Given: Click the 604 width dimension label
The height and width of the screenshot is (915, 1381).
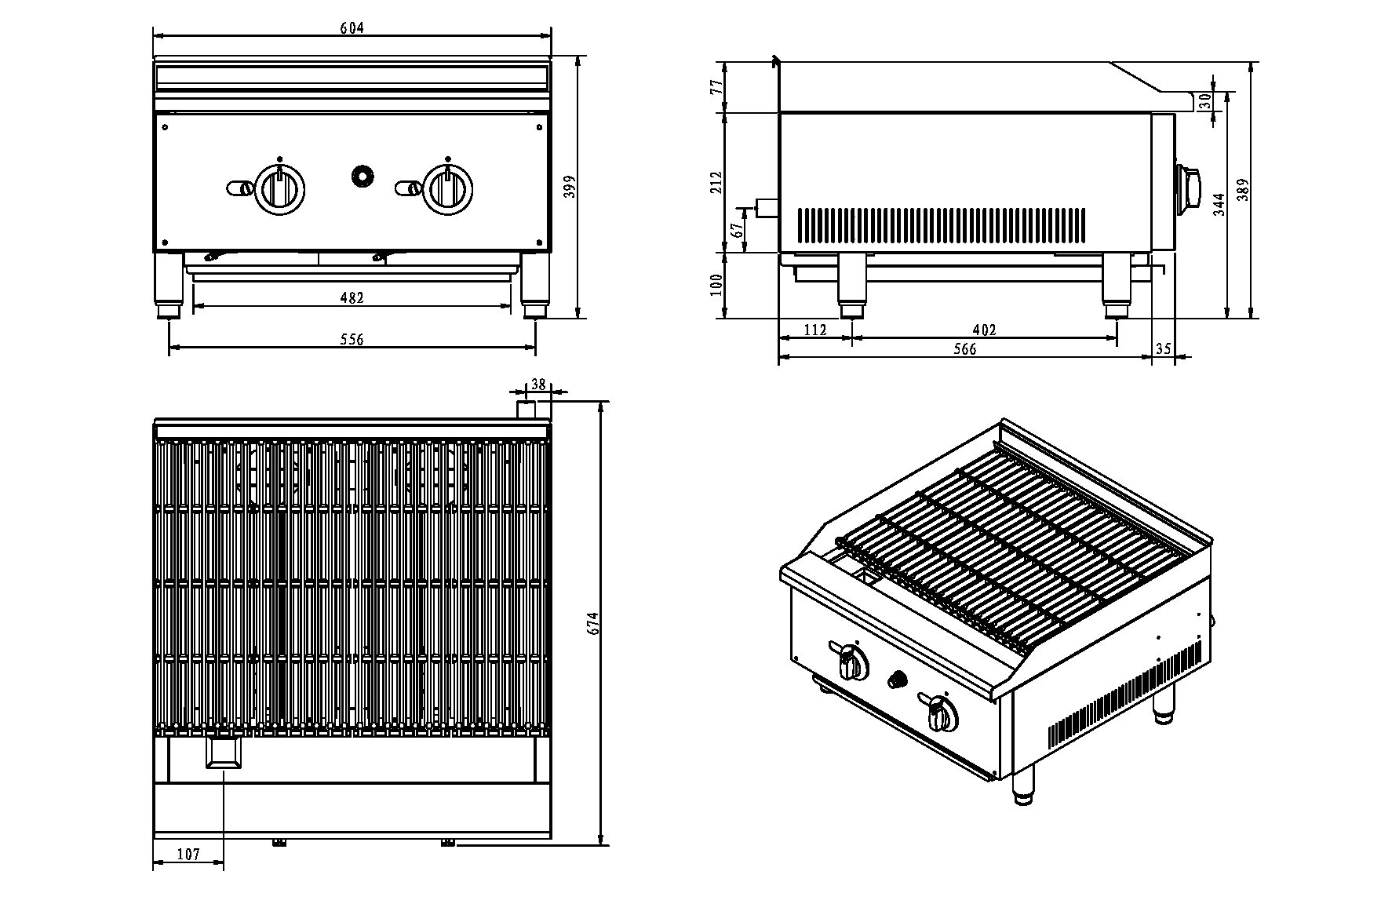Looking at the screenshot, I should click(x=352, y=28).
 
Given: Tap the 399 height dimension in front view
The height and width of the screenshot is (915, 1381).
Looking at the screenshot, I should click(x=570, y=186).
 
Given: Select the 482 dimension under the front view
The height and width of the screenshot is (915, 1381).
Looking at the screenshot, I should click(x=352, y=297).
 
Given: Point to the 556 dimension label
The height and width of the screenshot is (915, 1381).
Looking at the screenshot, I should click(x=352, y=339).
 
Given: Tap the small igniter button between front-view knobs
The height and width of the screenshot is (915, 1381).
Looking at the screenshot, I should click(x=363, y=176).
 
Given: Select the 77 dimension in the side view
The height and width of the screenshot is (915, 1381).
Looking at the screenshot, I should click(x=716, y=87).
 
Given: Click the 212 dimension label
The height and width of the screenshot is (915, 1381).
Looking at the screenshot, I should click(x=716, y=182).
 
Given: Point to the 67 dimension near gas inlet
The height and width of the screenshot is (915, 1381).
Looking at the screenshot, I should click(x=737, y=230).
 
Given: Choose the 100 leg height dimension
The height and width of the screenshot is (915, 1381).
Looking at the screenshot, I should click(x=716, y=285).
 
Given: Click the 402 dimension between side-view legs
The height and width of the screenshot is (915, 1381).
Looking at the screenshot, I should click(x=984, y=330).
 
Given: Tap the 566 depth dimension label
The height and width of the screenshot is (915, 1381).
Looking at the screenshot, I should click(x=964, y=349).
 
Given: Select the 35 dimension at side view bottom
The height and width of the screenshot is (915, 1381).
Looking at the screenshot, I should click(x=1163, y=348).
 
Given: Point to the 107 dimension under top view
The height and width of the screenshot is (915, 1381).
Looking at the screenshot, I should click(x=188, y=854).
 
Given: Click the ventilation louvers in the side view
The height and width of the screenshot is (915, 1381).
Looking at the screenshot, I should click(x=942, y=225).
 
